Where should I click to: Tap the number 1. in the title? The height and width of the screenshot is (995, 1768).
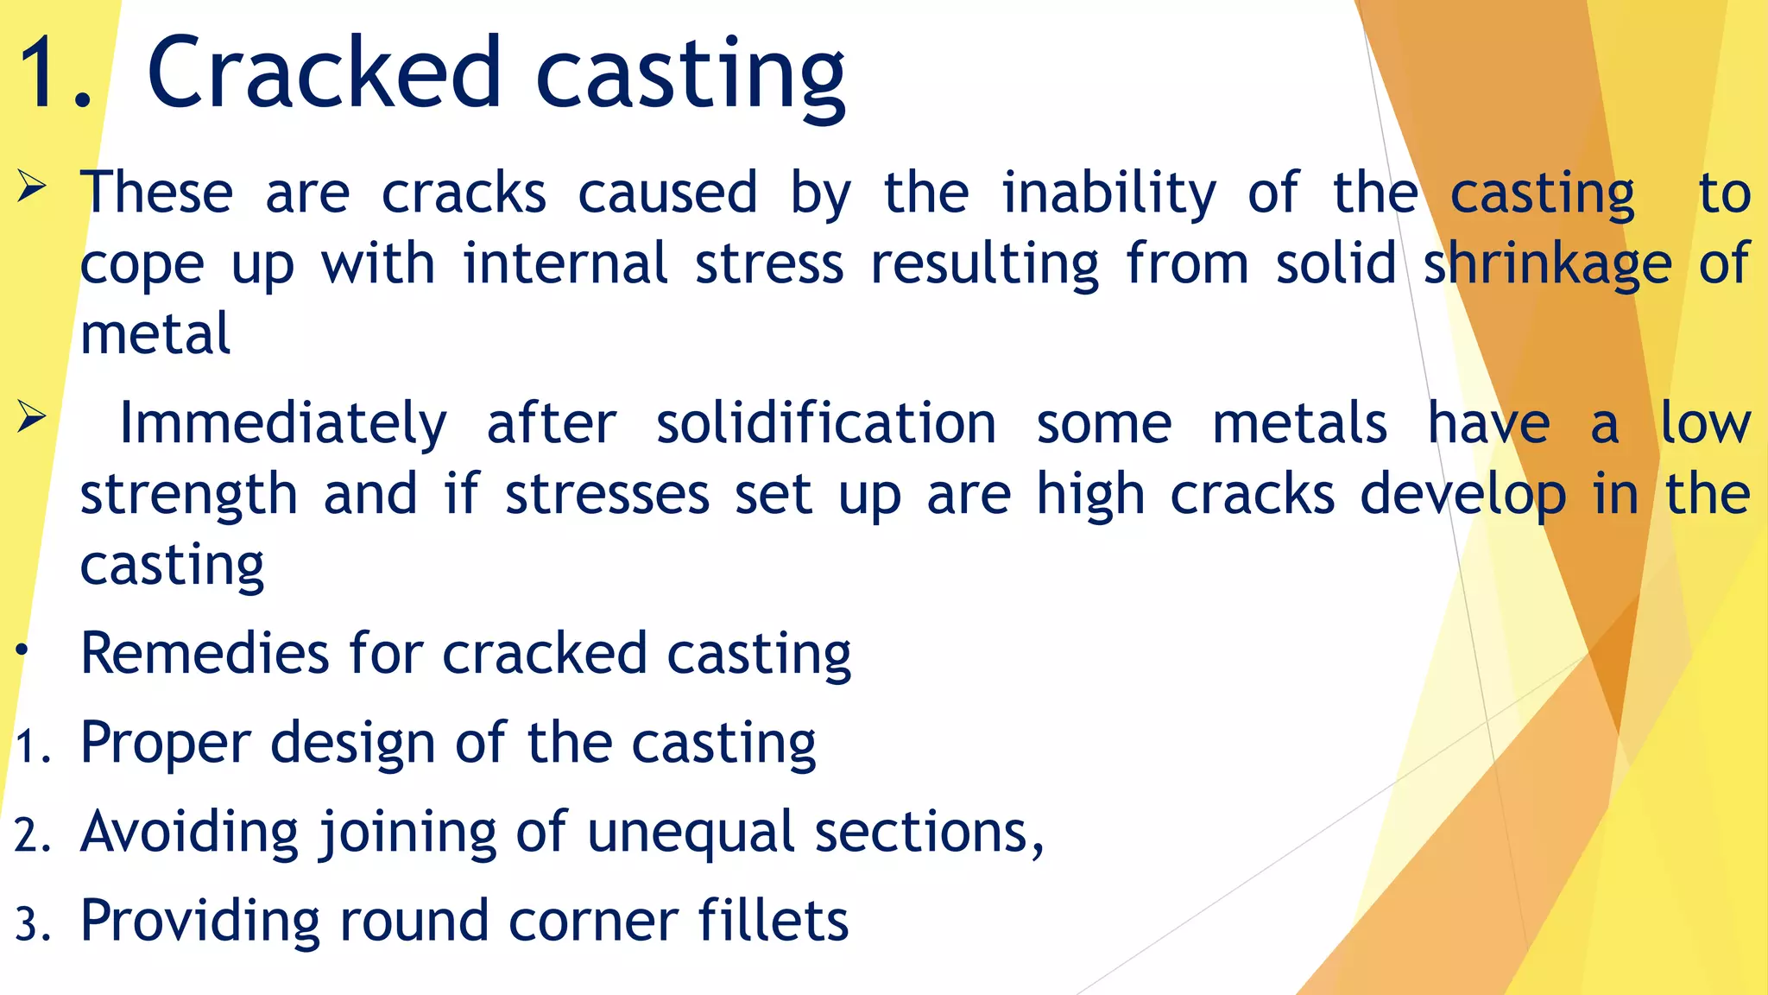54,74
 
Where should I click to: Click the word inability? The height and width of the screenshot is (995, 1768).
1108,193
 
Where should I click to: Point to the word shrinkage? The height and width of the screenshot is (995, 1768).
1547,264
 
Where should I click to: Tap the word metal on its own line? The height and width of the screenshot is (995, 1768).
155,335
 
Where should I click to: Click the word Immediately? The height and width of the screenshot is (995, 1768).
283,424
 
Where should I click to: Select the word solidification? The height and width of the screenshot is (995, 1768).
826,424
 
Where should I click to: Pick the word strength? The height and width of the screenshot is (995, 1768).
189,495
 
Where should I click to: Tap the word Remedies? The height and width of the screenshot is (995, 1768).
205,653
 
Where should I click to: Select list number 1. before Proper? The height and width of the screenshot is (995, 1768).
34,747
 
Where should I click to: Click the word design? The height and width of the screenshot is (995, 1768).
352,744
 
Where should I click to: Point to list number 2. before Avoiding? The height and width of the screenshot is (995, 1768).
34,836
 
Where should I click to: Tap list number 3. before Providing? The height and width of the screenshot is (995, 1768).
34,925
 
